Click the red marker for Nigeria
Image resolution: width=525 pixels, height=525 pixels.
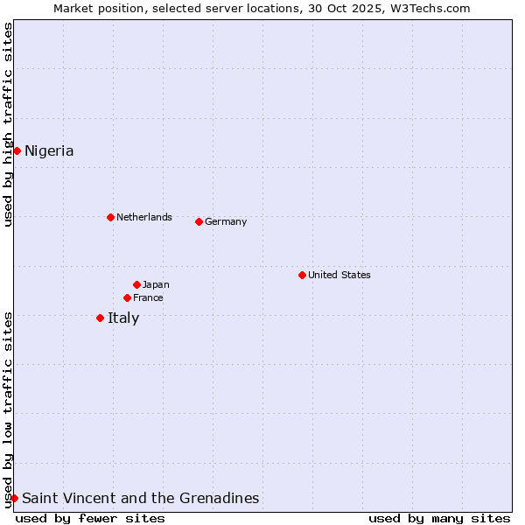coord(17,150)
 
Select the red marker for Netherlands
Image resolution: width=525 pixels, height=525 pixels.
coord(110,217)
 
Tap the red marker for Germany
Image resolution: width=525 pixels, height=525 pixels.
coord(199,221)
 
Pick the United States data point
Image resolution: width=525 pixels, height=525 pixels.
coord(302,275)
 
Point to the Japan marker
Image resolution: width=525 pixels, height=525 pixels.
coord(136,284)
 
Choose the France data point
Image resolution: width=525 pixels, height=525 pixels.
coord(127,297)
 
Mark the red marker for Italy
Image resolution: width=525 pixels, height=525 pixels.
coord(100,318)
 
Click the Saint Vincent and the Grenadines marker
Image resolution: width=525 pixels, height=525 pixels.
coord(14,498)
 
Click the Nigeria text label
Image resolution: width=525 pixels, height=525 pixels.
coord(49,150)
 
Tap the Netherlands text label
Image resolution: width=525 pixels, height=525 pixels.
coord(144,217)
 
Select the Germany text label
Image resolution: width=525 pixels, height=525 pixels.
coord(226,221)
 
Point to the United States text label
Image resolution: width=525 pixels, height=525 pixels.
coord(339,275)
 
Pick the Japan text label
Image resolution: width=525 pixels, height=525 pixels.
coord(156,284)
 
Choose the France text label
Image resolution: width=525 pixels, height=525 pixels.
coord(148,297)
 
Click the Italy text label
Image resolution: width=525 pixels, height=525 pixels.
coord(123,318)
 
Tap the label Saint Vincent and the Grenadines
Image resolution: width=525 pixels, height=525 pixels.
coord(141,498)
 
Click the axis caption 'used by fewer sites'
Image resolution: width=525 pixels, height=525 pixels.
coord(90,518)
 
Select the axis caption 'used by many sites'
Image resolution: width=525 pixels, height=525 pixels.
coord(439,518)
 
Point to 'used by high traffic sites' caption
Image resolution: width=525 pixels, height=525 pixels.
coord(8,124)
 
